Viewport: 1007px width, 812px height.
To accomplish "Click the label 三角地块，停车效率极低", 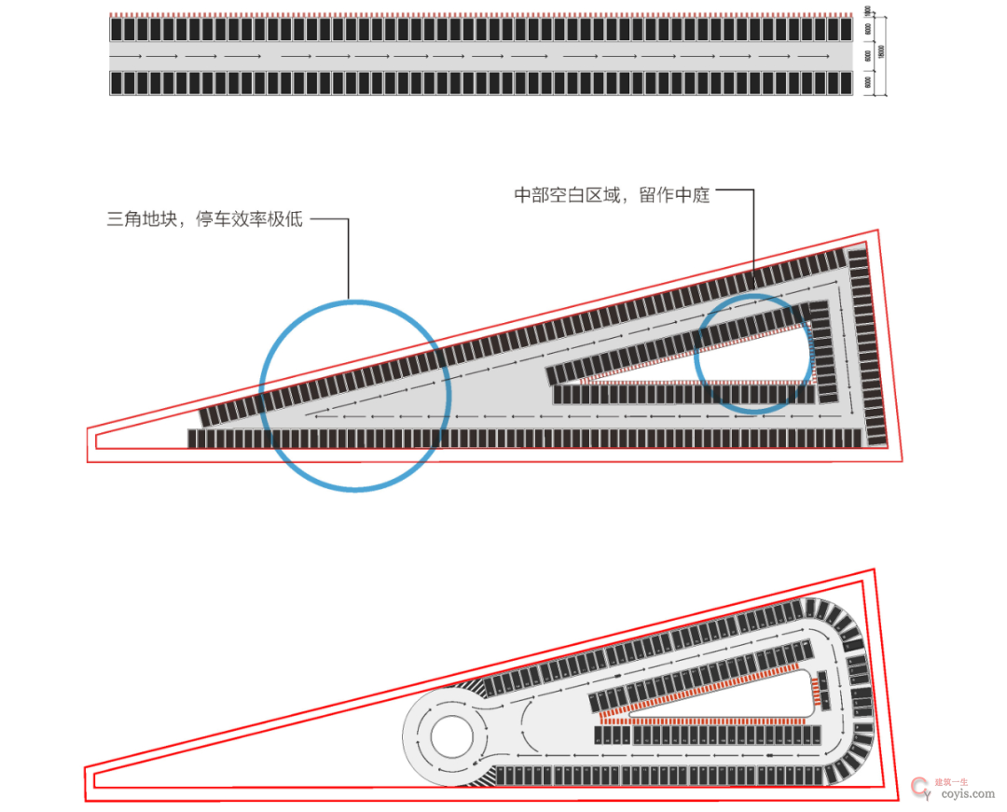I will pyautogui.click(x=205, y=221).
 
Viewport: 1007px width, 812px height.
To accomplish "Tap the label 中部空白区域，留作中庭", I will pyautogui.click(x=612, y=195).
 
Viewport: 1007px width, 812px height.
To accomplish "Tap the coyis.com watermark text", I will pyautogui.click(x=964, y=794).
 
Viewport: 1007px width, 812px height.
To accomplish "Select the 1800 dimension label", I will pyautogui.click(x=868, y=12).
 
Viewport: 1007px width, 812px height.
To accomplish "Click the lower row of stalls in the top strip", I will pyautogui.click(x=481, y=83).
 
